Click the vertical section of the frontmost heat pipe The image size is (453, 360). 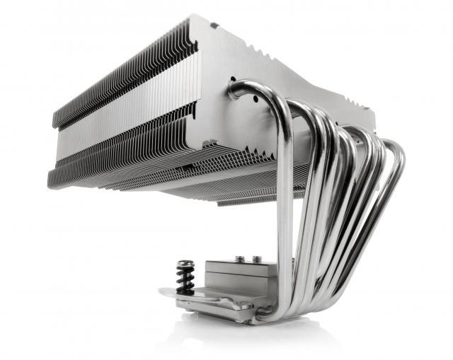(x=285, y=212)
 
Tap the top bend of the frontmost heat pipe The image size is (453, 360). (x=248, y=88)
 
